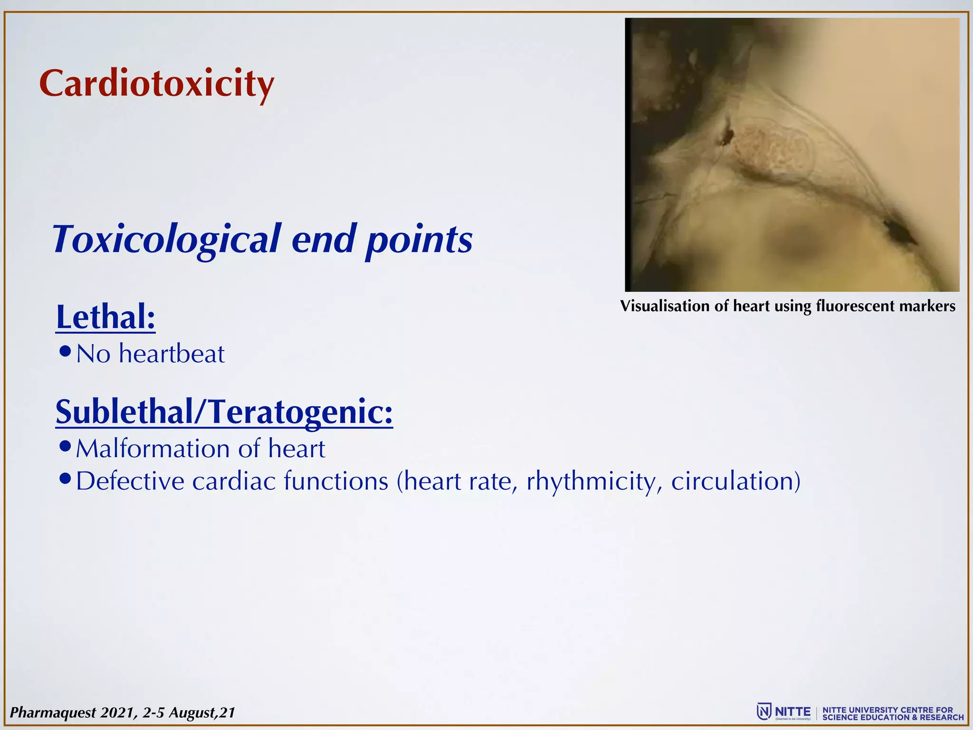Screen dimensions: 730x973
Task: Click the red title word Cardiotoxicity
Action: click(x=156, y=84)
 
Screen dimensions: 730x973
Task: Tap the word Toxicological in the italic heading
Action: click(x=166, y=239)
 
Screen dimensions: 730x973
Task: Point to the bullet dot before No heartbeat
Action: click(x=66, y=352)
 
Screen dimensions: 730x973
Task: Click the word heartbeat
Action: click(x=172, y=354)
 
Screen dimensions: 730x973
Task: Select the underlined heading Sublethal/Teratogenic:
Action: click(x=224, y=412)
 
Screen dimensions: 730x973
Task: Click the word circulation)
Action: click(x=735, y=481)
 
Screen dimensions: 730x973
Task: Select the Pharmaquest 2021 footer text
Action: click(x=123, y=712)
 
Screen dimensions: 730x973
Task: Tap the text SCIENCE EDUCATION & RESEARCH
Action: click(x=893, y=717)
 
